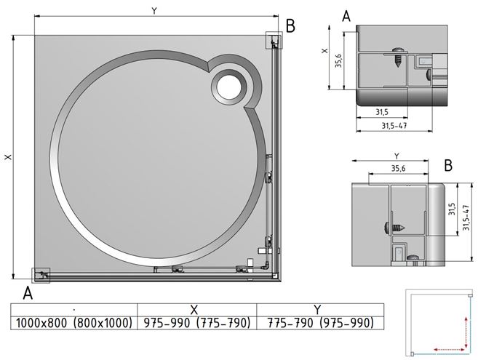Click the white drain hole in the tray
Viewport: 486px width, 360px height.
pyautogui.click(x=228, y=87)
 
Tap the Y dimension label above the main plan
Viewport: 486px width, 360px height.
pyautogui.click(x=154, y=11)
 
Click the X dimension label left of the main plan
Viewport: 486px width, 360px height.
pyautogui.click(x=9, y=157)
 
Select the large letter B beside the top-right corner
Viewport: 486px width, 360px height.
pyautogui.click(x=290, y=26)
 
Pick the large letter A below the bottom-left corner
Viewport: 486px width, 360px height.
pyautogui.click(x=28, y=293)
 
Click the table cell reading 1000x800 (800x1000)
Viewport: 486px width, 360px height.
pyautogui.click(x=74, y=323)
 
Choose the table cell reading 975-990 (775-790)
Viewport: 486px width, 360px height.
pyautogui.click(x=197, y=323)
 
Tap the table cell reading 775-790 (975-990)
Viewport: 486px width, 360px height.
pyautogui.click(x=321, y=323)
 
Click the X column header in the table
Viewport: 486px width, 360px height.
pyautogui.click(x=194, y=310)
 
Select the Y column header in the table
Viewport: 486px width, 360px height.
pyautogui.click(x=317, y=310)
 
